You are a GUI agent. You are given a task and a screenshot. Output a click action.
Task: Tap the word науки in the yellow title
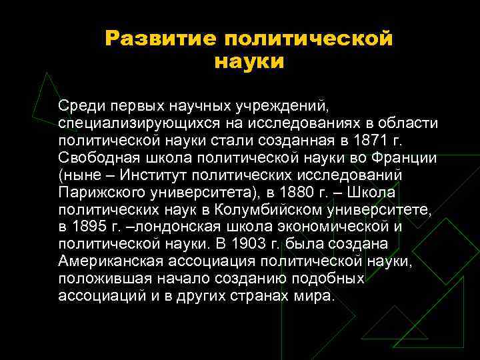(x=249, y=61)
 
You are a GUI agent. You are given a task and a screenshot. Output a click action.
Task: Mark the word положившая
(x=97, y=279)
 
